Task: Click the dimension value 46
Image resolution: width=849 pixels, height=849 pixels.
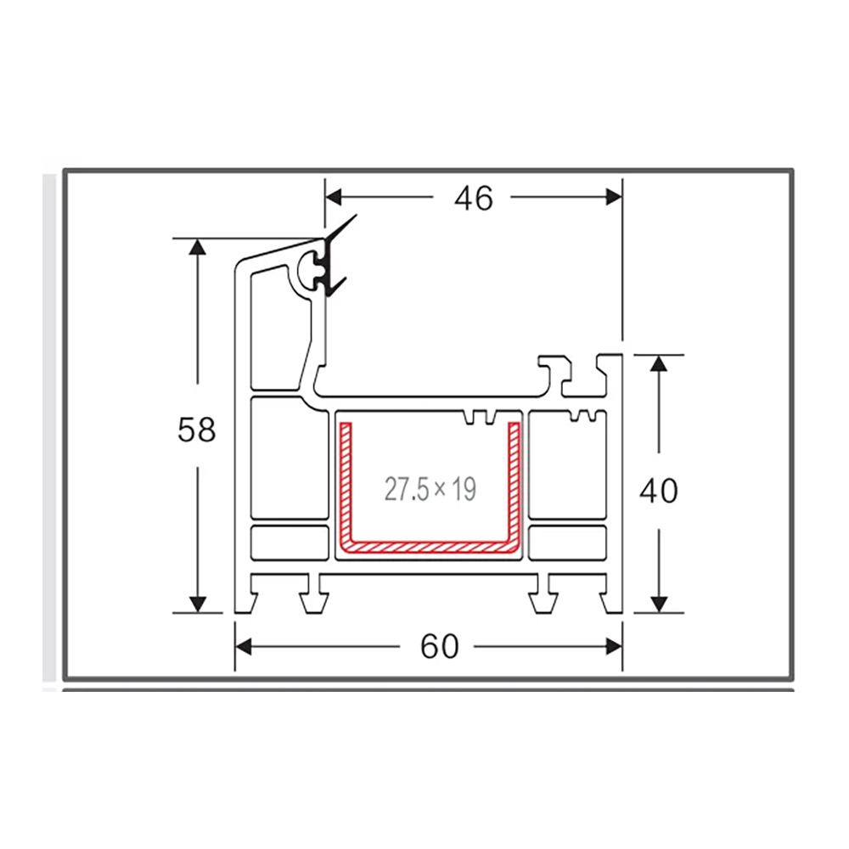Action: (473, 198)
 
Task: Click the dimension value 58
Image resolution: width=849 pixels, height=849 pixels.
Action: (197, 430)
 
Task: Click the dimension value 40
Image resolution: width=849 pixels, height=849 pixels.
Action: (659, 490)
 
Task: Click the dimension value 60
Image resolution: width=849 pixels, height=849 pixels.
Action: (439, 647)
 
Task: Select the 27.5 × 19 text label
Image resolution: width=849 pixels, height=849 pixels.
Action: (430, 489)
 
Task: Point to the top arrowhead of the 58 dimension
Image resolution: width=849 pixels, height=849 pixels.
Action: (198, 248)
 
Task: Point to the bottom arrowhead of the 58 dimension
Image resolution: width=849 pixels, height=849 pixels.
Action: (198, 603)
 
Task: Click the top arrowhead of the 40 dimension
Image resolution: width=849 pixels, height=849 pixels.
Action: (659, 363)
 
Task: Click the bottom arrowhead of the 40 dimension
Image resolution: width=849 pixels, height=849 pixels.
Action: (659, 603)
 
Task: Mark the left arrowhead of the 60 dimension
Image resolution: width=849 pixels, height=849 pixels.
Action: (245, 647)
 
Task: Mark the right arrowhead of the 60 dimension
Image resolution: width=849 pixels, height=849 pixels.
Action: (613, 647)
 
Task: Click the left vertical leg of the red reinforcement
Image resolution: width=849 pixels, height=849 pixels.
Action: (346, 484)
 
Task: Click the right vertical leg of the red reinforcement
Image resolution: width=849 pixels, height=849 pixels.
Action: (514, 484)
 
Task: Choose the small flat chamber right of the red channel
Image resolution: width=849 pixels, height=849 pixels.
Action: (568, 542)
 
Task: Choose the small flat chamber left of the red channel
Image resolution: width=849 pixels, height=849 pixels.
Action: (290, 542)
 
